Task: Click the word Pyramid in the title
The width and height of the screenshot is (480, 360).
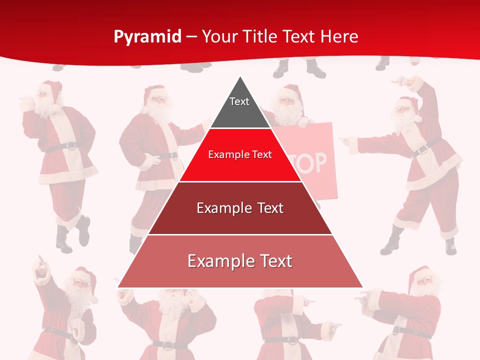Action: click(147, 37)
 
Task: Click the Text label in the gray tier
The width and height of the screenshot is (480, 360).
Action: click(239, 101)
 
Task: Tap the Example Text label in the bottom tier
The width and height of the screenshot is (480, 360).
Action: click(240, 261)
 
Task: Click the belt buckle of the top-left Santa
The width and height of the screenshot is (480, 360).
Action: click(70, 146)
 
